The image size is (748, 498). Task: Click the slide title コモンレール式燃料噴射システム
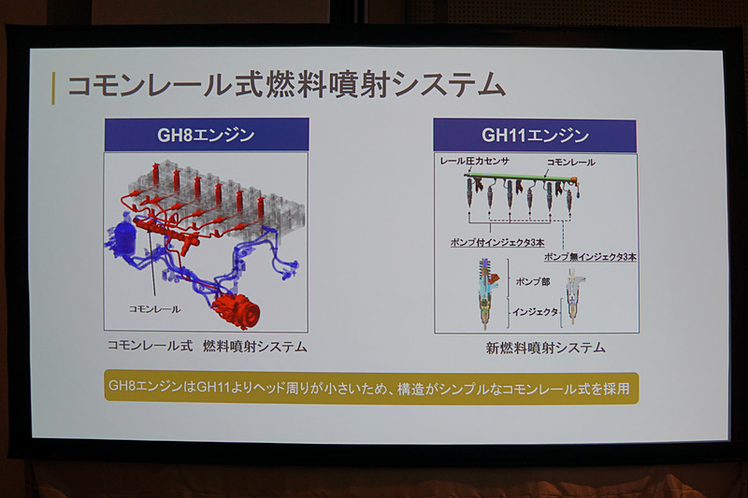(x=285, y=86)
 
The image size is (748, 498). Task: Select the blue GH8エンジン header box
(x=206, y=135)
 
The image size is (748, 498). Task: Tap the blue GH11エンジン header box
(x=535, y=135)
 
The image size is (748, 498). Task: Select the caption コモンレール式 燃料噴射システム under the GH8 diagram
(x=207, y=347)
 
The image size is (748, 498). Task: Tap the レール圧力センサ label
(x=475, y=162)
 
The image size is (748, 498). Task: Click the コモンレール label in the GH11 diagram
(x=570, y=162)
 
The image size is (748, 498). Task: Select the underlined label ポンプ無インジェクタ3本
(x=590, y=256)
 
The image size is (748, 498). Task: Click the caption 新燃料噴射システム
(x=546, y=348)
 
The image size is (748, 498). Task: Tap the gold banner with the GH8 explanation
(x=370, y=386)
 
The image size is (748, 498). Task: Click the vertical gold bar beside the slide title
(x=55, y=87)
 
